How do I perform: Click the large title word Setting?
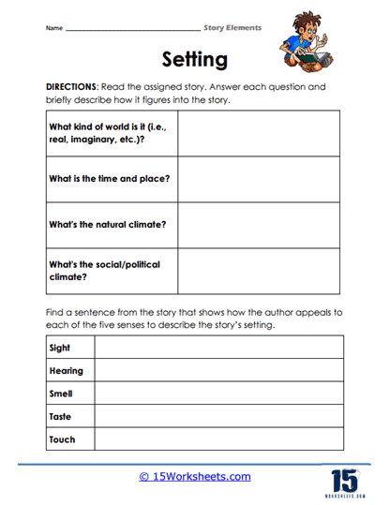click(194, 60)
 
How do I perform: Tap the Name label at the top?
click(53, 28)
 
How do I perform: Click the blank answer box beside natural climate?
click(260, 225)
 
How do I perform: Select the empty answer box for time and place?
click(260, 179)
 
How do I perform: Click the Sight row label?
click(60, 349)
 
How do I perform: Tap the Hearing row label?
click(66, 371)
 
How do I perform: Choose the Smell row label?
click(60, 394)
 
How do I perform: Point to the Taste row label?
click(60, 416)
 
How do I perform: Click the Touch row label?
click(62, 438)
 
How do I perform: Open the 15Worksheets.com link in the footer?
click(195, 476)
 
